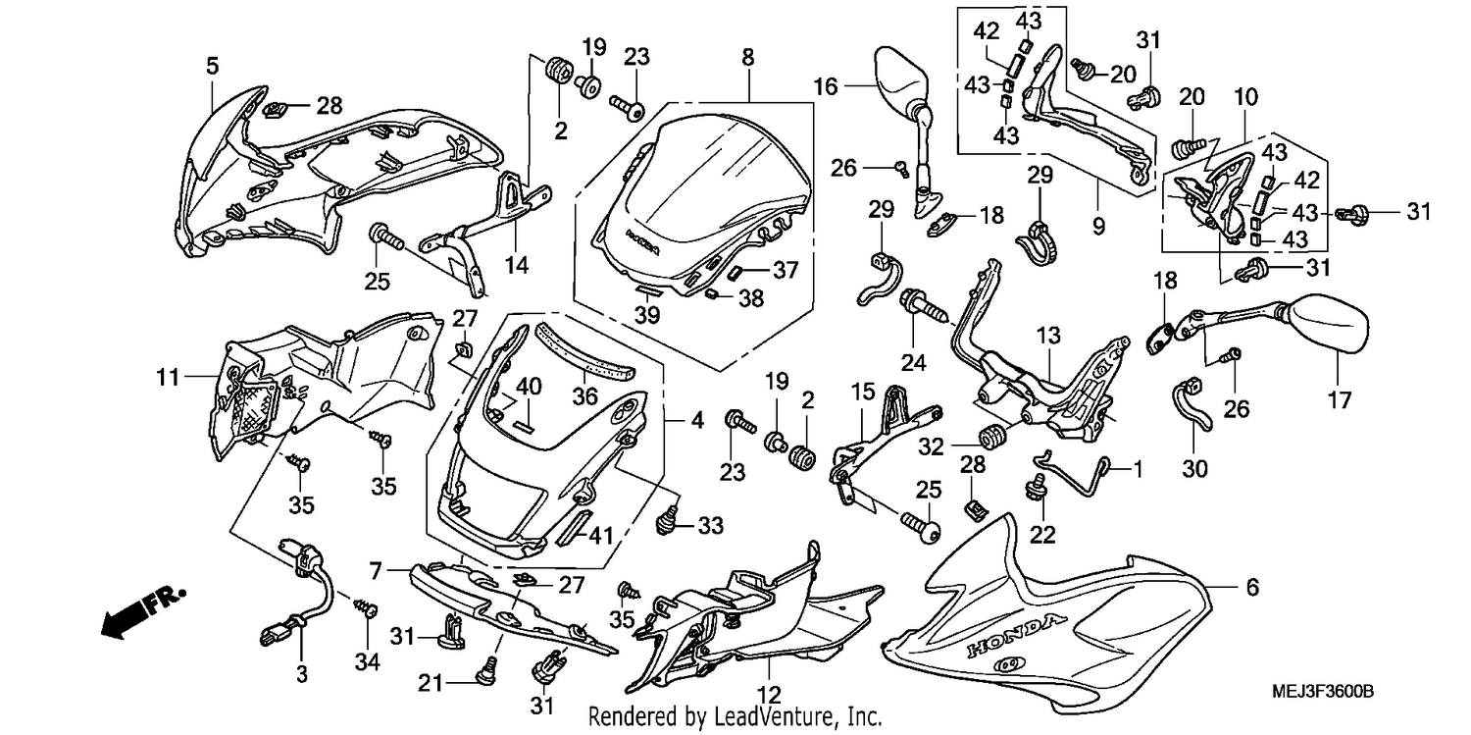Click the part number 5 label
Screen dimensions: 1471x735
[212, 66]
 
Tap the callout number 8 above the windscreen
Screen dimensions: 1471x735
[748, 58]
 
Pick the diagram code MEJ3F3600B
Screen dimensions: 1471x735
[1323, 692]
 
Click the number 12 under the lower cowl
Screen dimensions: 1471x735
[769, 695]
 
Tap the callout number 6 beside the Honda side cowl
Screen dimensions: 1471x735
[1252, 587]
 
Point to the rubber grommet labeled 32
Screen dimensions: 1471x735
[992, 437]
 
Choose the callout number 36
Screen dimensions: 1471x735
[584, 395]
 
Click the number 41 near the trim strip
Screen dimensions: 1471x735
[600, 536]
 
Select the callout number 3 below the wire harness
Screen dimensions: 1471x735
[301, 674]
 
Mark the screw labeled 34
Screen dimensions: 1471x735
[365, 607]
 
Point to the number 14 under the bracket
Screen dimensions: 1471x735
[516, 265]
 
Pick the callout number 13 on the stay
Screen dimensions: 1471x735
[1048, 336]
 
